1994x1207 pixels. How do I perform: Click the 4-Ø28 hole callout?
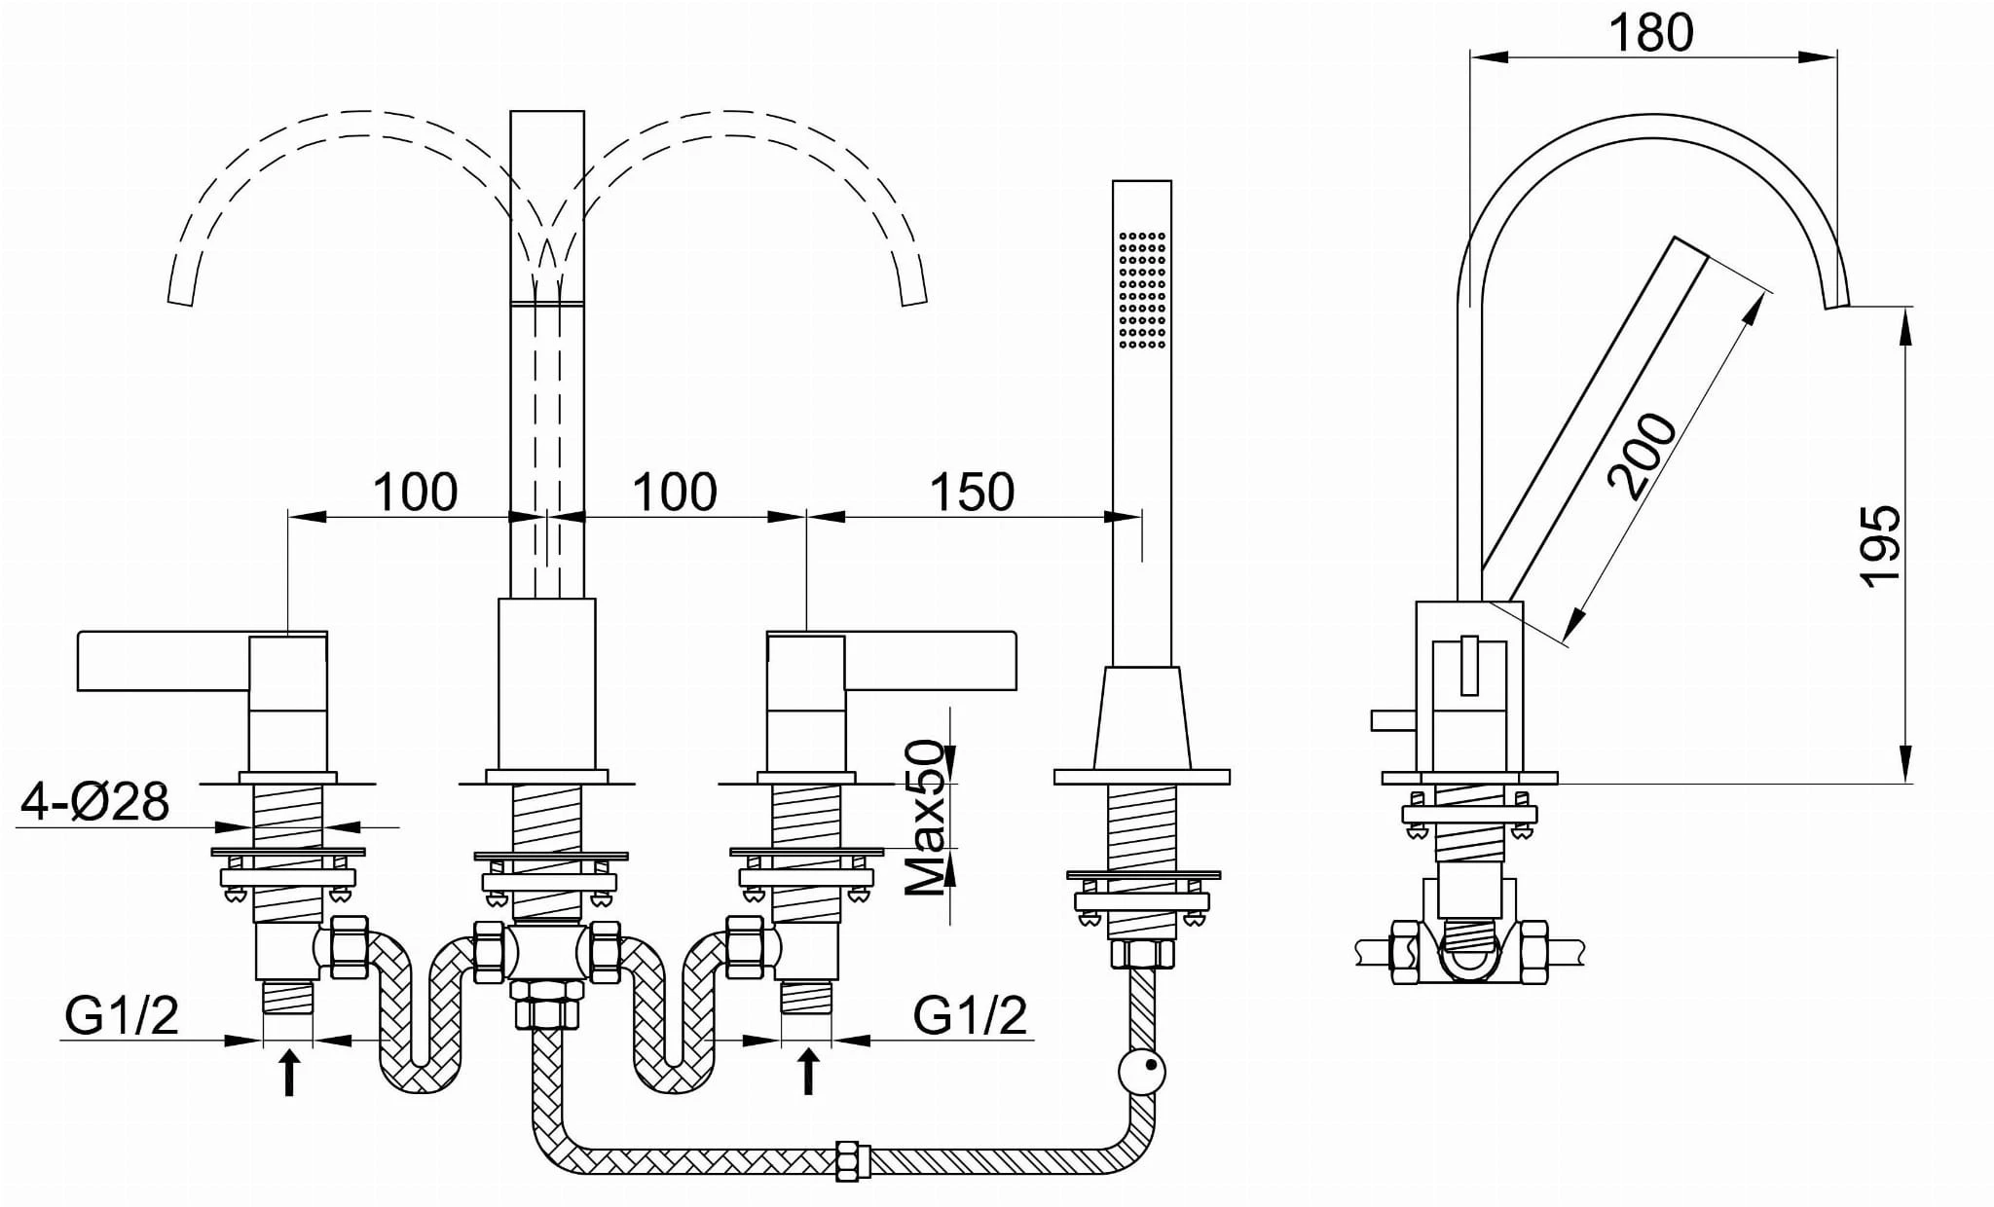coord(95,802)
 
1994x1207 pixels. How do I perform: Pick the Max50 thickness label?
coord(925,818)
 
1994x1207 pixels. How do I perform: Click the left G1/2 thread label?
coord(123,1016)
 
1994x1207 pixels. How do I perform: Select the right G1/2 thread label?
coord(970,1016)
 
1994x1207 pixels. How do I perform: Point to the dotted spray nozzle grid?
coord(1142,289)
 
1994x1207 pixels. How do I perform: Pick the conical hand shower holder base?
coord(1142,718)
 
